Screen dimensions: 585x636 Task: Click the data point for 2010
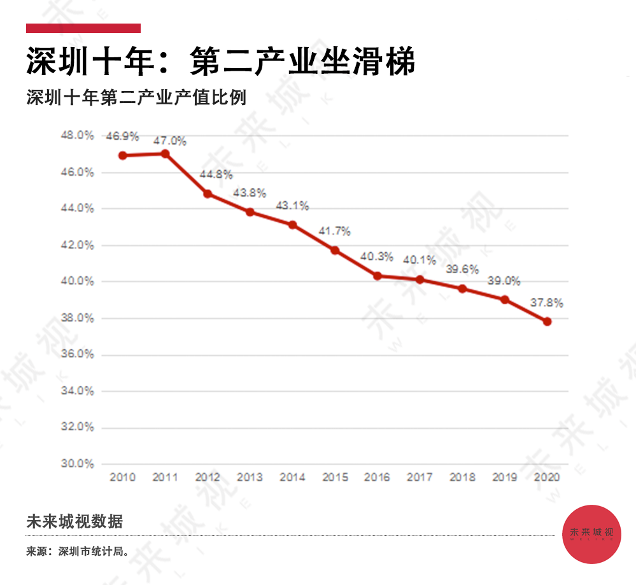pyautogui.click(x=123, y=155)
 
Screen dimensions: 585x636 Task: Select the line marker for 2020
pyautogui.click(x=547, y=321)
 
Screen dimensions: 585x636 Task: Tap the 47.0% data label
pyautogui.click(x=170, y=141)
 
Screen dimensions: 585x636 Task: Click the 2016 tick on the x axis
pyautogui.click(x=377, y=477)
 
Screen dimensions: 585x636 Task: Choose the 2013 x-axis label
pyautogui.click(x=250, y=477)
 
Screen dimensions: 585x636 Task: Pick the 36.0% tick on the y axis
pyautogui.click(x=78, y=355)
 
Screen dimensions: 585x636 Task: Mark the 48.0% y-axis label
pyautogui.click(x=78, y=136)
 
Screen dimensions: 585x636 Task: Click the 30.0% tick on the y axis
pyautogui.click(x=78, y=464)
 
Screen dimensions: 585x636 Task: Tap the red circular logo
pyautogui.click(x=592, y=533)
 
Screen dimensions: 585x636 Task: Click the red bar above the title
pyautogui.click(x=83, y=28)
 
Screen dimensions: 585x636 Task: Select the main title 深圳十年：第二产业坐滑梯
pyautogui.click(x=221, y=62)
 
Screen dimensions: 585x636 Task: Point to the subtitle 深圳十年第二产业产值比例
pyautogui.click(x=136, y=99)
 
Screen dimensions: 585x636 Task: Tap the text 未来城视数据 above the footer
pyautogui.click(x=74, y=522)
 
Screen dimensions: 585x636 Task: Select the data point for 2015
pyautogui.click(x=335, y=250)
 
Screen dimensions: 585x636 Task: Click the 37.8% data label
pyautogui.click(x=547, y=303)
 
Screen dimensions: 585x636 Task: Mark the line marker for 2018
pyautogui.click(x=462, y=288)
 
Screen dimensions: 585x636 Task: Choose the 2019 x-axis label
pyautogui.click(x=504, y=477)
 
